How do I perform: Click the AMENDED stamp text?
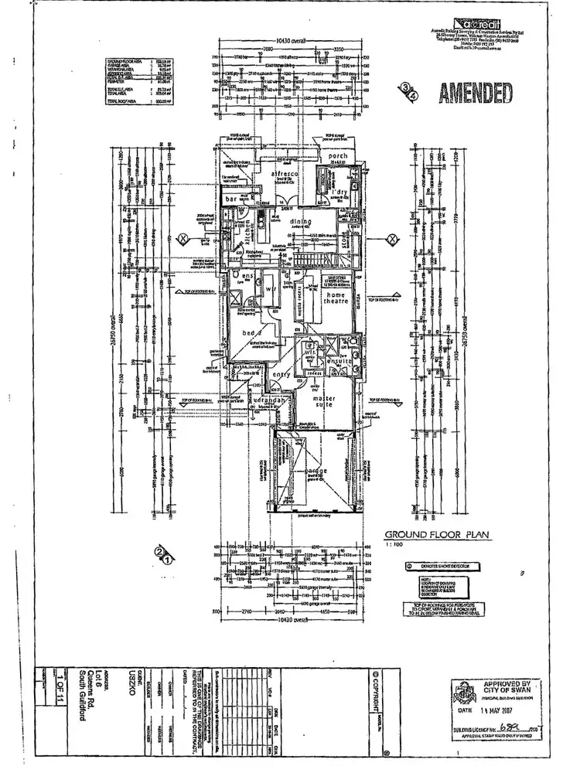(x=476, y=93)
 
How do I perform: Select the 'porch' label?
(x=338, y=156)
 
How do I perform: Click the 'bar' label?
(x=230, y=199)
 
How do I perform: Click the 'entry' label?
(x=280, y=376)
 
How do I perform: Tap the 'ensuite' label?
(x=339, y=361)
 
